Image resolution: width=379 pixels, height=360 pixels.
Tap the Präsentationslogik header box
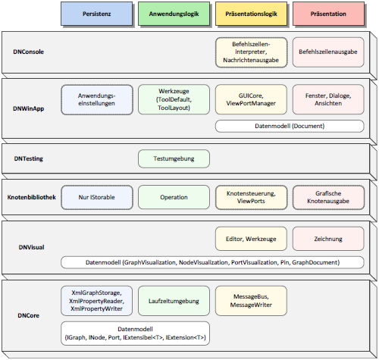[x=249, y=13]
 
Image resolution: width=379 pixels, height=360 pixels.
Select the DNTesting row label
[x=29, y=158]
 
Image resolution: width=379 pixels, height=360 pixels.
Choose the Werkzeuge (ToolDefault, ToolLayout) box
[x=172, y=100]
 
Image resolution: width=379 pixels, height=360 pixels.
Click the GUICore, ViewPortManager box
[x=249, y=100]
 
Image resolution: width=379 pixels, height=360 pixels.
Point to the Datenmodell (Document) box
[x=288, y=126]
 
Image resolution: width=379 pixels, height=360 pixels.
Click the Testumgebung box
[x=172, y=158]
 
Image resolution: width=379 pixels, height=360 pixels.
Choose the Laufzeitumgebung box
[x=172, y=301]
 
